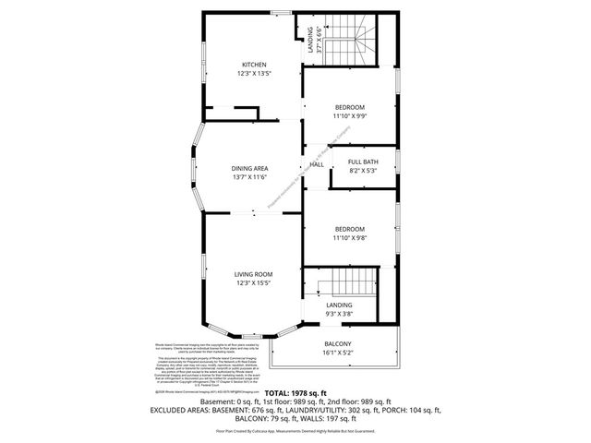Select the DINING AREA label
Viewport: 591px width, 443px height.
point(249,169)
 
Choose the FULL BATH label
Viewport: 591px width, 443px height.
point(363,162)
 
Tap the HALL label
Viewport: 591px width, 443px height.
point(316,165)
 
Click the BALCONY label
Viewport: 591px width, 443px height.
point(337,344)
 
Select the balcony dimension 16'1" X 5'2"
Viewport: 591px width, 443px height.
point(337,353)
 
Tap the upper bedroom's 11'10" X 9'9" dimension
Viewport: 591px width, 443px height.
point(350,115)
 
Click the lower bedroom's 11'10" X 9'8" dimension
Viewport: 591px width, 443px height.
point(350,237)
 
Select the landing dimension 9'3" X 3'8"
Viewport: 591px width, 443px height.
point(339,314)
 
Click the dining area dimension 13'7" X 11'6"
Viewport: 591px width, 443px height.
point(249,177)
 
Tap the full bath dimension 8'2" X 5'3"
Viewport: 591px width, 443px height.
point(363,170)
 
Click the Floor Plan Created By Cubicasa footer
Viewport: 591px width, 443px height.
point(295,431)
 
